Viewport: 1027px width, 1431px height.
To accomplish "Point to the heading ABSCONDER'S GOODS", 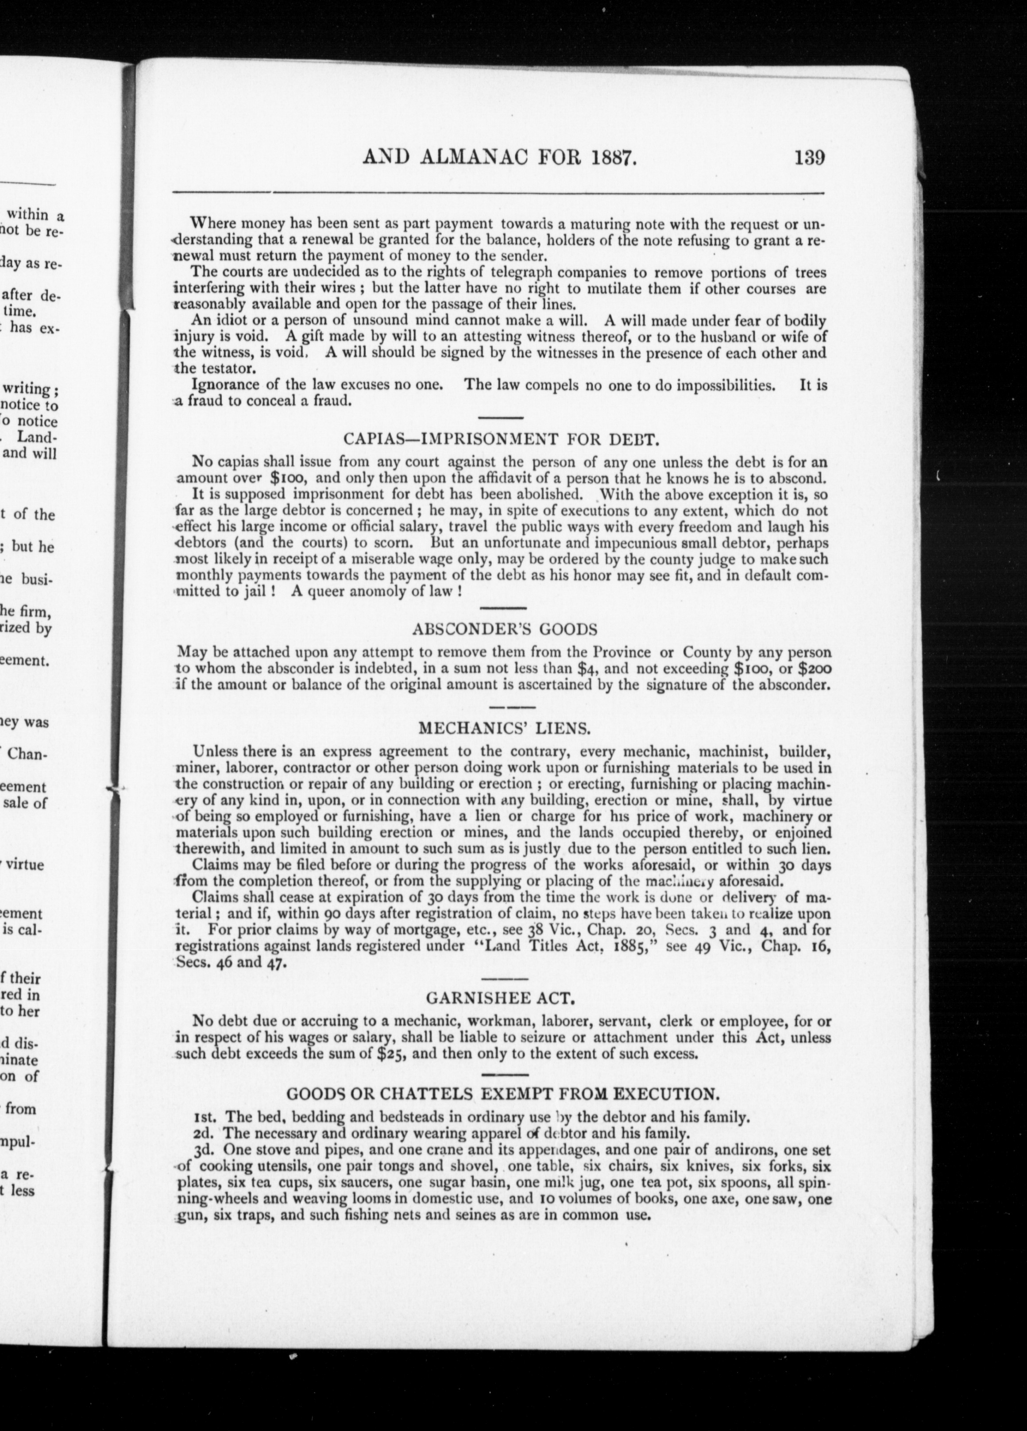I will tap(504, 629).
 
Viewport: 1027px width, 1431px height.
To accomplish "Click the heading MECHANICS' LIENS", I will tap(505, 729).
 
